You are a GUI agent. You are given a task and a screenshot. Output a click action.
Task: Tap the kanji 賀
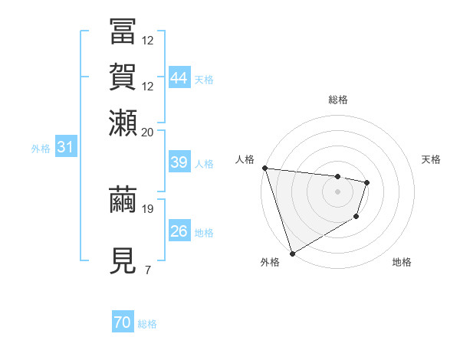pos(122,77)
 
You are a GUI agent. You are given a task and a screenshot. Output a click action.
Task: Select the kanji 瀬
pos(122,123)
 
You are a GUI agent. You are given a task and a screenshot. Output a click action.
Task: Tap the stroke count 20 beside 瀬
pos(148,133)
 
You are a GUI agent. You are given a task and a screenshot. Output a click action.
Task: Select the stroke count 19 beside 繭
pos(148,208)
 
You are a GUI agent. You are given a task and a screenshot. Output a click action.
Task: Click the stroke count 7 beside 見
pos(147,270)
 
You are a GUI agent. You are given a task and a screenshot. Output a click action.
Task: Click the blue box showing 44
pos(179,78)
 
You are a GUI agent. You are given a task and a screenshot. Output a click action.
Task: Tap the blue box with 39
pos(179,162)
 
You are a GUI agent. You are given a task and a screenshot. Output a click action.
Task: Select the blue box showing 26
pos(179,231)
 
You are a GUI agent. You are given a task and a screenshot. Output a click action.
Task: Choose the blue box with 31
pos(65,148)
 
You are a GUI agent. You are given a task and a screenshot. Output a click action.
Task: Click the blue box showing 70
pos(123,323)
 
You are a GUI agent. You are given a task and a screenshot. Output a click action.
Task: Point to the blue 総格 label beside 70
pos(147,324)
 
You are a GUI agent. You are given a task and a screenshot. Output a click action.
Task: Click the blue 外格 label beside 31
pos(41,149)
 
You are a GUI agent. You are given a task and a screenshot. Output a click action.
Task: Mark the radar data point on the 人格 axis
pos(264,168)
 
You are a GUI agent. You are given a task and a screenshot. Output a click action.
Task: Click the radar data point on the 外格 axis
pos(292,253)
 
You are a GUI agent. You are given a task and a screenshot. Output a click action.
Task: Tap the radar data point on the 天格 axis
pos(367,182)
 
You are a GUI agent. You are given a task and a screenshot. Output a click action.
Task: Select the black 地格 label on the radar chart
pos(402,263)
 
